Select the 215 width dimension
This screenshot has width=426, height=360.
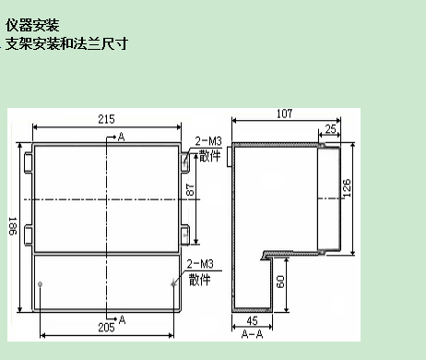106,119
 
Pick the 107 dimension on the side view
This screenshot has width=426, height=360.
285,114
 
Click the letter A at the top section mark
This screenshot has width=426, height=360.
123,138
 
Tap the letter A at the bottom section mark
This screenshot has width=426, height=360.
122,318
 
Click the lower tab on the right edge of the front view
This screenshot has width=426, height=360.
183,234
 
